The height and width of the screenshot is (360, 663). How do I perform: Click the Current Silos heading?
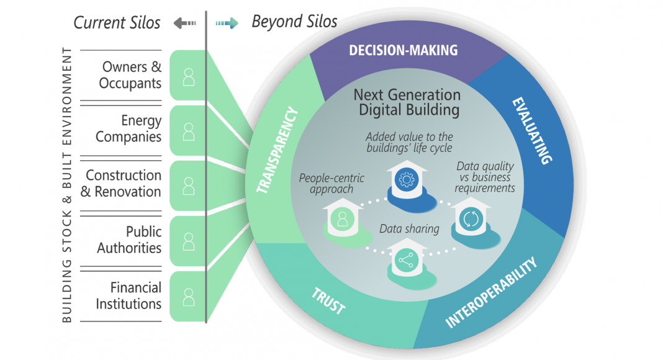point(117,23)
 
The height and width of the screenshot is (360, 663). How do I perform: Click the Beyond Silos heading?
point(294,22)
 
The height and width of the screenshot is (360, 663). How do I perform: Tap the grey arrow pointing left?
point(184,24)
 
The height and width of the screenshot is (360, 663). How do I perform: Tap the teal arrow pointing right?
point(227,24)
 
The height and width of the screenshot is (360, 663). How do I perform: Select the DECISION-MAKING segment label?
point(403,50)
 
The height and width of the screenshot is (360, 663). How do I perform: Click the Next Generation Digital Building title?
point(407,102)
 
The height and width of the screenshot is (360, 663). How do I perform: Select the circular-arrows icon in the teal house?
point(468,219)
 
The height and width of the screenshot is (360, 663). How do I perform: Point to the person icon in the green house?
point(341,218)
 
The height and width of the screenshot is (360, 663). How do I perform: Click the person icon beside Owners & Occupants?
point(188,76)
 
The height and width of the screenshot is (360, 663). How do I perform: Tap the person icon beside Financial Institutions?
point(188,297)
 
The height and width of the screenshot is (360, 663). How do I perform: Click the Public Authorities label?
point(130,240)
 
